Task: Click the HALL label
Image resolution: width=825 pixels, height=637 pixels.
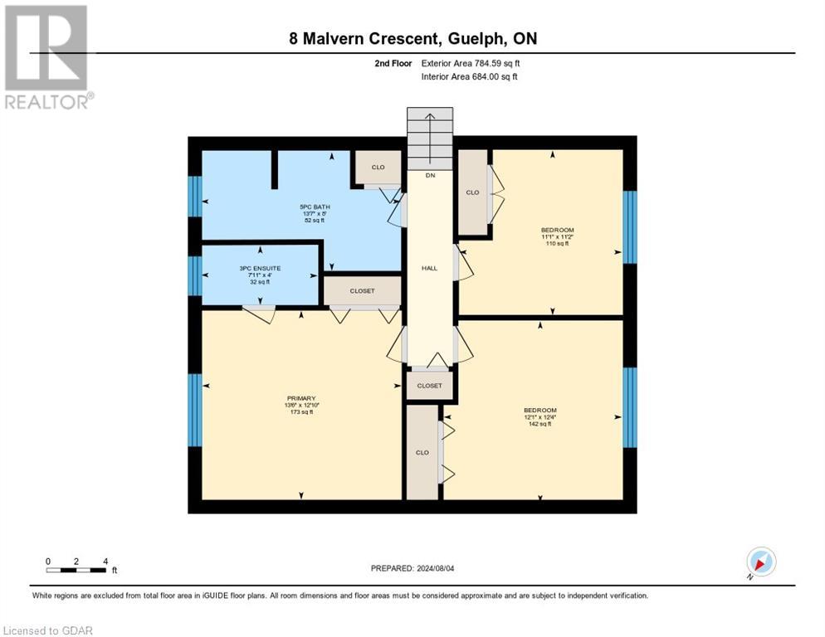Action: coord(429,268)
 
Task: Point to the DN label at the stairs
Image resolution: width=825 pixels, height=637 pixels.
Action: coord(430,175)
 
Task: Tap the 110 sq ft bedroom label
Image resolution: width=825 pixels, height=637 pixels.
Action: coord(557,236)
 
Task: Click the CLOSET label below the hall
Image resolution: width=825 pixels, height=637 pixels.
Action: coord(429,386)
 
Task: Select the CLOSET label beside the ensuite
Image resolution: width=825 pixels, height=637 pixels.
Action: coord(362,291)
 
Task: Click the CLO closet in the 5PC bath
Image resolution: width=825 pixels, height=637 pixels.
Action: coord(378,168)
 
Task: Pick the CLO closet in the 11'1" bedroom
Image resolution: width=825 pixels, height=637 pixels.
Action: coord(472,192)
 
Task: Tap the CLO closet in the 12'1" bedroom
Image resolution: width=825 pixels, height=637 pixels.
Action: coord(422,452)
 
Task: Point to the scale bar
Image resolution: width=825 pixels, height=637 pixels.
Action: coord(76,570)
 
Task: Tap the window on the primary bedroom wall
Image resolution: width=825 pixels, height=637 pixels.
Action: coord(195,411)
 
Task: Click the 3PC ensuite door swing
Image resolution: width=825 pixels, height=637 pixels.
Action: coord(259,314)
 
